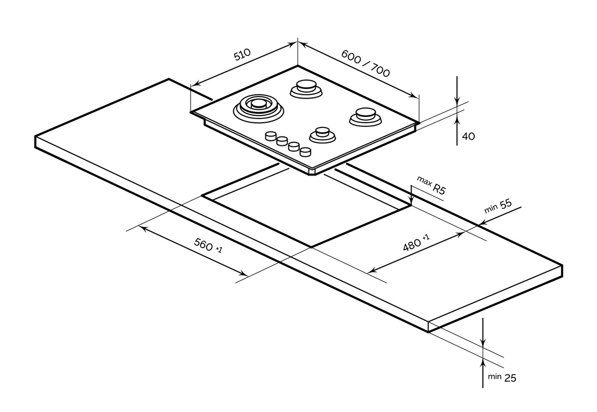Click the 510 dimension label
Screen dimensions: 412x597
243,56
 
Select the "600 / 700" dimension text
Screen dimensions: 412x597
365,63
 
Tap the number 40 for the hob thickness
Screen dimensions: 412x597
468,136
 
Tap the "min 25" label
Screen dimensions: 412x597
502,377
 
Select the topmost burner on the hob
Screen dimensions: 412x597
306,87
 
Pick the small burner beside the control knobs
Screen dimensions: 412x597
322,134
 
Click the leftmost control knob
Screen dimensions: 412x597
271,136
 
